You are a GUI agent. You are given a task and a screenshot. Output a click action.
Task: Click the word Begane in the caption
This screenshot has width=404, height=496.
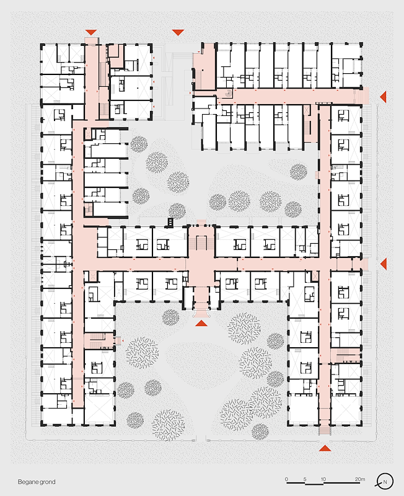pyautogui.click(x=27, y=482)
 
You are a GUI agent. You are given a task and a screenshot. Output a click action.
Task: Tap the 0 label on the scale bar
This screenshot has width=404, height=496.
pyautogui.click(x=286, y=479)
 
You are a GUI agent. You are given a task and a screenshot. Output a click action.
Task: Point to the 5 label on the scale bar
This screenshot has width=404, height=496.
pyautogui.click(x=305, y=479)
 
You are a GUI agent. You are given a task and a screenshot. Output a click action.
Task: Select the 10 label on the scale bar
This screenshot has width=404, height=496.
pyautogui.click(x=323, y=479)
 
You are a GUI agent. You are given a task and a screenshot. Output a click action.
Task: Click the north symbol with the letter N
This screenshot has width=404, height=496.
pyautogui.click(x=386, y=481)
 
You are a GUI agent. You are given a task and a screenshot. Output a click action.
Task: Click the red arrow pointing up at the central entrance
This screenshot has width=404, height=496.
pyautogui.click(x=201, y=322)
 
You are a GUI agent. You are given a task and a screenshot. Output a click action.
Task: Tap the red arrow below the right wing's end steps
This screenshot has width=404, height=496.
pyautogui.click(x=325, y=447)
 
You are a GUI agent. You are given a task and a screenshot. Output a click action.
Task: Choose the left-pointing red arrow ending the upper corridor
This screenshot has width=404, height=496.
pyautogui.click(x=384, y=96)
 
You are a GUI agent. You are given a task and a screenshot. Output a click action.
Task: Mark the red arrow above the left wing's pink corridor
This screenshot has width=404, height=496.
pyautogui.click(x=91, y=32)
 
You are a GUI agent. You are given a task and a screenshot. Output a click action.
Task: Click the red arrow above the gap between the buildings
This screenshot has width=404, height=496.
pyautogui.click(x=178, y=32)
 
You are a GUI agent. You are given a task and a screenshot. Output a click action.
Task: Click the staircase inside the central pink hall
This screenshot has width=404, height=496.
pyautogui.click(x=201, y=238)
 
